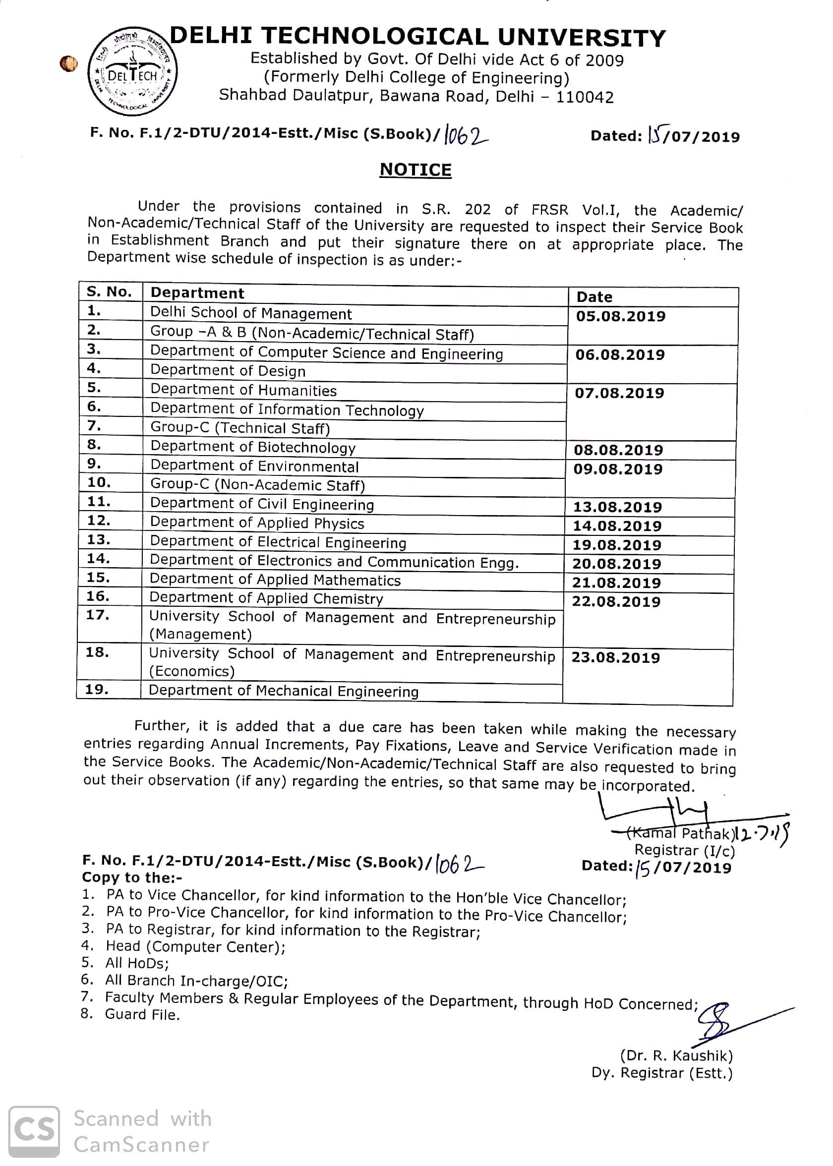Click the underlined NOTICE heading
416,170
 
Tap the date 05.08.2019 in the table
621,316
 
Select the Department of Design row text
228,370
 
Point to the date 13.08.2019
618,507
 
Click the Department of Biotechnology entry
253,447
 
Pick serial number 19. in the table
97,689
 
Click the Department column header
197,293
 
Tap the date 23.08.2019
615,657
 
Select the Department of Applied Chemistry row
266,598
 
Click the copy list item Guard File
142,1014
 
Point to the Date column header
595,297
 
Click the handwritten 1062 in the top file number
466,135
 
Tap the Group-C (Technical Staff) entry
240,428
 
